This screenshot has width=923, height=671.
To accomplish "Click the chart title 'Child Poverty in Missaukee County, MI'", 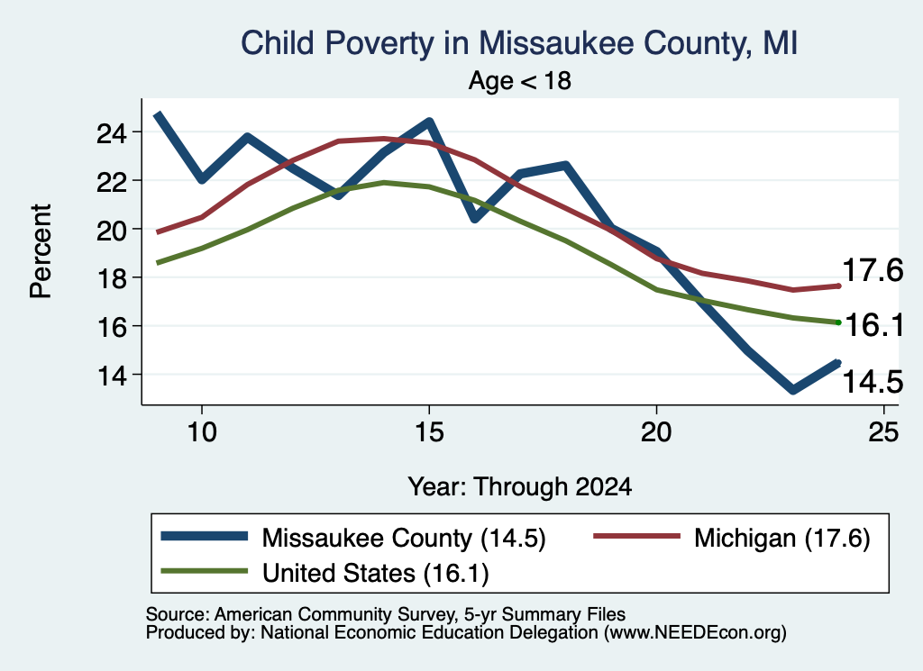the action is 519,43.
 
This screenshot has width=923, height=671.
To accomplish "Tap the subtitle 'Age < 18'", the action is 520,80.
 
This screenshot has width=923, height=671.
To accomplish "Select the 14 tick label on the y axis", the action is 112,376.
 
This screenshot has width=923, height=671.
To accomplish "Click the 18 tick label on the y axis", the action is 112,278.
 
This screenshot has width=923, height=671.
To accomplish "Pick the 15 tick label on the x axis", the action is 429,432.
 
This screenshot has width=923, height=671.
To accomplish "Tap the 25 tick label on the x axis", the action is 883,432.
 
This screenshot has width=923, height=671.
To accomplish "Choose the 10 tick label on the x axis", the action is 202,432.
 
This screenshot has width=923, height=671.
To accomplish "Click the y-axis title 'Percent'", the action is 41,251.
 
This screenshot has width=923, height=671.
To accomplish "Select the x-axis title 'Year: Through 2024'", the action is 520,487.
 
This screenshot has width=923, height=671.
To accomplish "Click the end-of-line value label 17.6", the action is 873,270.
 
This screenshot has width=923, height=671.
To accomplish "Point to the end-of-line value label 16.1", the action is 874,325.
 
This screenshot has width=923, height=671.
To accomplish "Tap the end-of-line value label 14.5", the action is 873,382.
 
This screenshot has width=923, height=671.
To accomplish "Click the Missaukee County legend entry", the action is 353,538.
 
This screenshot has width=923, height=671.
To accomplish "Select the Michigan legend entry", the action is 732,538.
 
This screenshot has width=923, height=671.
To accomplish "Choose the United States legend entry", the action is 324,572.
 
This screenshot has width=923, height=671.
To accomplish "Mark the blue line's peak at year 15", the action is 429,122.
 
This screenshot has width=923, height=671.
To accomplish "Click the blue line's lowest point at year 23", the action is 793,390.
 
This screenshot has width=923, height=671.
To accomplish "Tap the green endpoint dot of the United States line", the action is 838,322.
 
